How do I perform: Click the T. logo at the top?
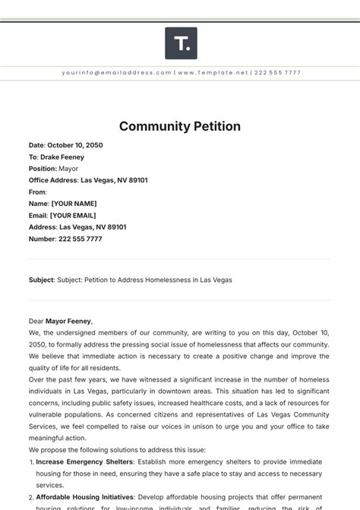[x=181, y=43]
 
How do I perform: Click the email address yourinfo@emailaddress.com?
[x=117, y=73]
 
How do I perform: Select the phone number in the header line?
[x=279, y=73]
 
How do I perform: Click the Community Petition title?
[x=180, y=126]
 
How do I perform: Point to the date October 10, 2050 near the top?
[x=75, y=145]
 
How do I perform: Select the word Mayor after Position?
[x=68, y=169]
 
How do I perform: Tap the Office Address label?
[x=53, y=180]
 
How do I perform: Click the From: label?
[x=38, y=192]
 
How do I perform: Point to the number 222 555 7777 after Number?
[x=81, y=239]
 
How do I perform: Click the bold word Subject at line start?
[x=41, y=280]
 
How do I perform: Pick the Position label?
[x=43, y=169]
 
